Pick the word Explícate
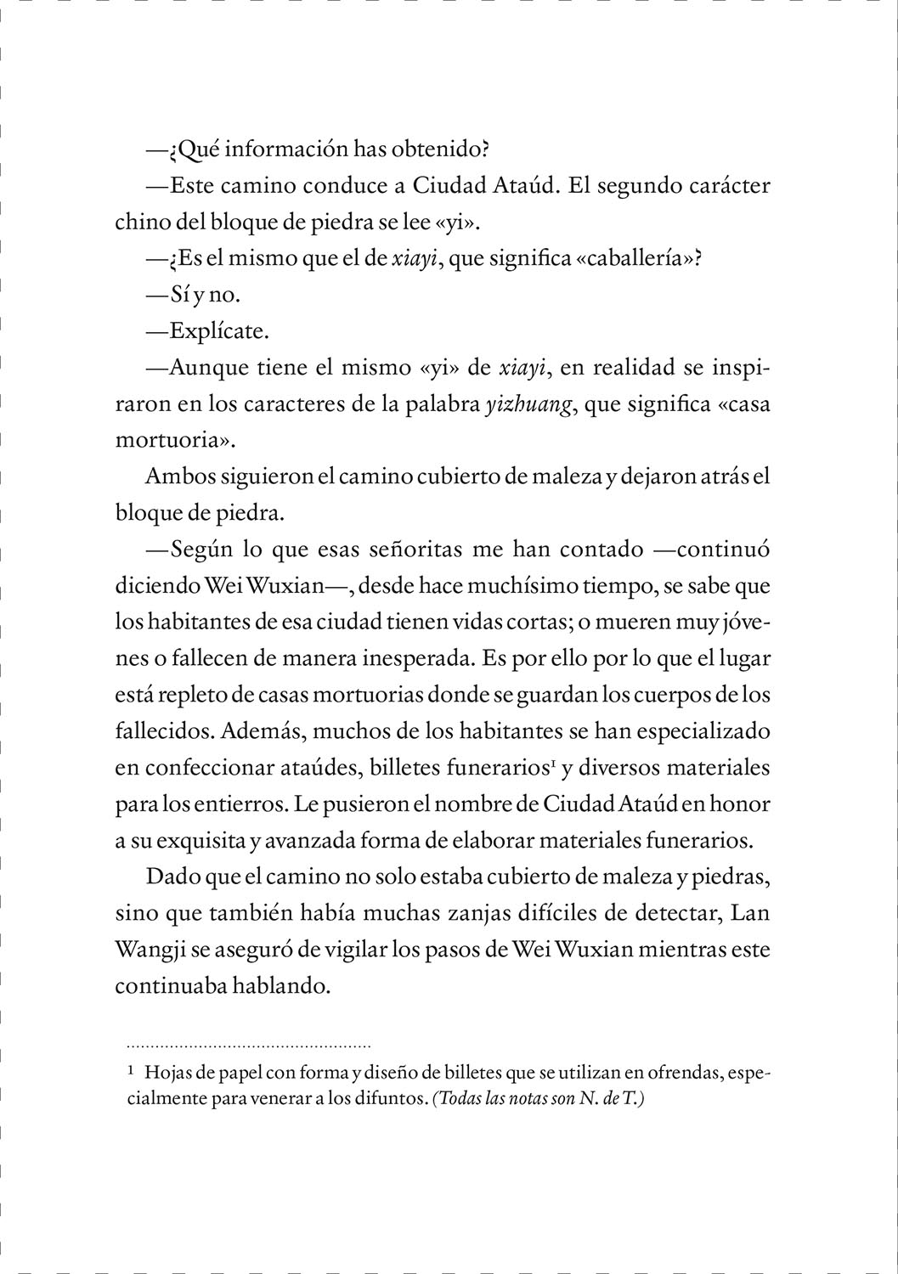219,331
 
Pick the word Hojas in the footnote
167,1074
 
